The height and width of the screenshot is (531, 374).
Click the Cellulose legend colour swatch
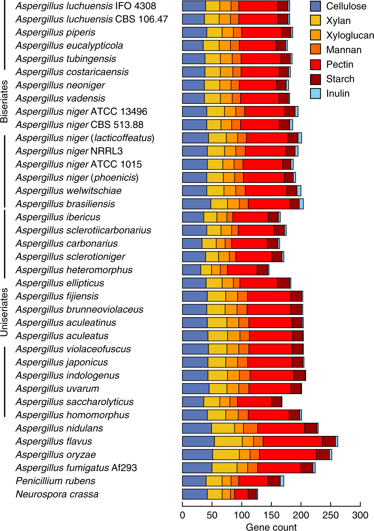[x=315, y=6]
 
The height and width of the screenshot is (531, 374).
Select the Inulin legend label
[x=338, y=93]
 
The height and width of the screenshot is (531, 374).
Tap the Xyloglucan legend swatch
[x=315, y=35]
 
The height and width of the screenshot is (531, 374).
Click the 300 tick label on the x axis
[x=360, y=515]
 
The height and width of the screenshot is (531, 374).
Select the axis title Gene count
[x=271, y=527]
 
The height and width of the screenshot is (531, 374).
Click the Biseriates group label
[x=4, y=101]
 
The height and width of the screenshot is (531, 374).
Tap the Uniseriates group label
[x=4, y=312]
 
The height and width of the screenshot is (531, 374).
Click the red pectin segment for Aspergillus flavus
[x=293, y=441]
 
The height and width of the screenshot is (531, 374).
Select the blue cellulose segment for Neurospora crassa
[x=194, y=494]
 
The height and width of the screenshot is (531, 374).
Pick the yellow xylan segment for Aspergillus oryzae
[x=226, y=454]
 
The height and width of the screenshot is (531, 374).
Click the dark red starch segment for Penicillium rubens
[x=274, y=481]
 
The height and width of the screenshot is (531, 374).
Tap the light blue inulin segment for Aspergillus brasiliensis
[x=301, y=204]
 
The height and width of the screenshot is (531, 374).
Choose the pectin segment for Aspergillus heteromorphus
[x=242, y=270]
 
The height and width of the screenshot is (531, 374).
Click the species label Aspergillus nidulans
[x=59, y=428]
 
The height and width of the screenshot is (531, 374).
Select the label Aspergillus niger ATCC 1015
[x=79, y=164]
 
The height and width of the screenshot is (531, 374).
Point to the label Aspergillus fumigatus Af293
[x=76, y=468]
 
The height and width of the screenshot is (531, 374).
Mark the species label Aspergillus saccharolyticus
[x=75, y=402]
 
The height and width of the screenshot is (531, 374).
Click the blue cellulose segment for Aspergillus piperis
[x=194, y=32]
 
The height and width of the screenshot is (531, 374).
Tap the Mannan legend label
[x=343, y=50]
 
